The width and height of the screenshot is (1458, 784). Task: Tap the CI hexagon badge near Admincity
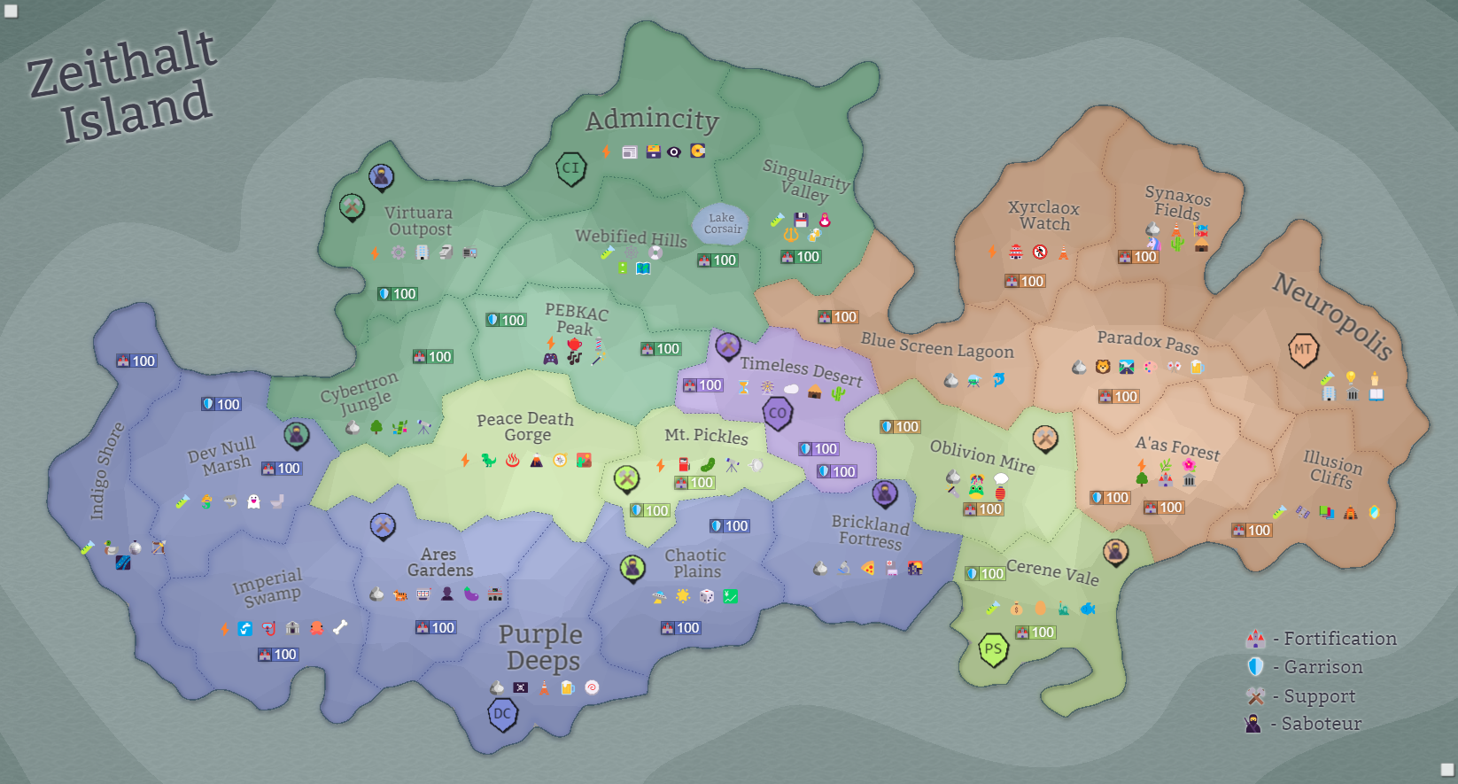coord(571,167)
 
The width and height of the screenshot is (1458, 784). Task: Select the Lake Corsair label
coord(722,223)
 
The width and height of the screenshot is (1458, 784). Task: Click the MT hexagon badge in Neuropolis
coord(1303,349)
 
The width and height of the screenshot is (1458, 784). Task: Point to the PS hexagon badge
coord(993,649)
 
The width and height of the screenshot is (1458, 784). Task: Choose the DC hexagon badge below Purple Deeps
coord(502,714)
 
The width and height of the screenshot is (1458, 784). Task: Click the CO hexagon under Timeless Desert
coord(778,413)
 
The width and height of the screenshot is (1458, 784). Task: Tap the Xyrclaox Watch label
coord(1044,215)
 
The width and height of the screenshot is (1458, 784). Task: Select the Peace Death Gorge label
coord(525,426)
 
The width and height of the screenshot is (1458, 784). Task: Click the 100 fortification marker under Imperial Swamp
coord(278,655)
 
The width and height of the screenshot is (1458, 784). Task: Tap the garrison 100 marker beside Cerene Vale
coord(985,574)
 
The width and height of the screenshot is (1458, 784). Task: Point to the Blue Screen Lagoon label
coord(937,345)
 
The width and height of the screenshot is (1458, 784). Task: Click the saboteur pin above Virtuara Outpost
coord(381,176)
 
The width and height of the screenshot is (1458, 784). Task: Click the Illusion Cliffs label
coord(1332,469)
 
